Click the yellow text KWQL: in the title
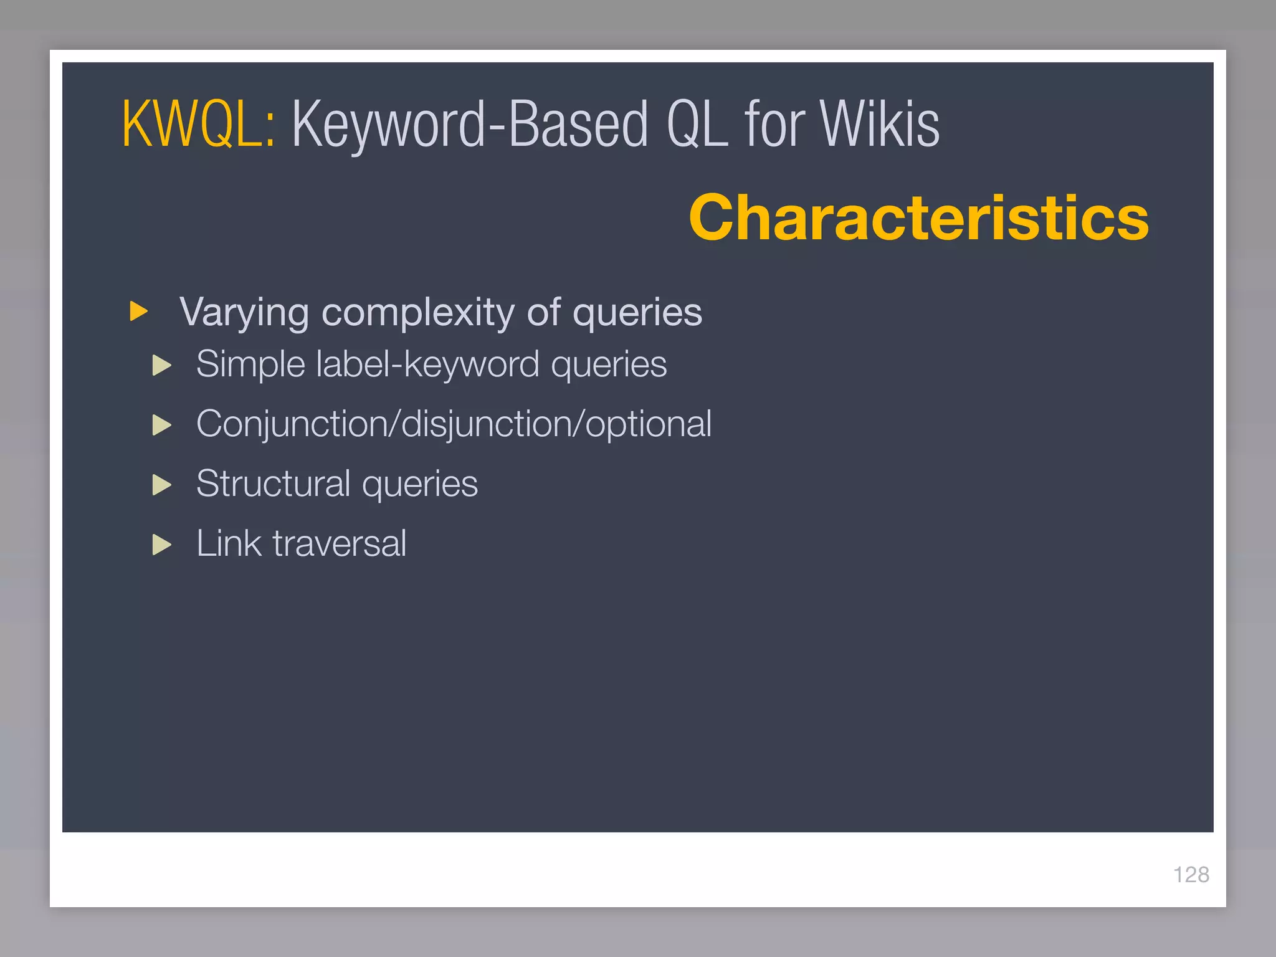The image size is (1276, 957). pyautogui.click(x=198, y=125)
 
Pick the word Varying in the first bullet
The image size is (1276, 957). pyautogui.click(x=244, y=313)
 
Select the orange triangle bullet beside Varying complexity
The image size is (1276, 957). pyautogui.click(x=138, y=311)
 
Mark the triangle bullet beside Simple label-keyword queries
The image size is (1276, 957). pyautogui.click(x=161, y=365)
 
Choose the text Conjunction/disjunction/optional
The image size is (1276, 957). pyautogui.click(x=454, y=424)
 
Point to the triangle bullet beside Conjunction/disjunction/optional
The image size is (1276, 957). pyautogui.click(x=161, y=425)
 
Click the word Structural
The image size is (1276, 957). pyautogui.click(x=274, y=483)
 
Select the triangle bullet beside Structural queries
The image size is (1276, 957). pyautogui.click(x=161, y=485)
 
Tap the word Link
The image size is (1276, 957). pyautogui.click(x=229, y=543)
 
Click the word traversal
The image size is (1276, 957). pyautogui.click(x=340, y=543)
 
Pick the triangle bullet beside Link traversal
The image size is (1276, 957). pyautogui.click(x=161, y=545)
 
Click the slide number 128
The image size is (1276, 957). pyautogui.click(x=1191, y=875)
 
